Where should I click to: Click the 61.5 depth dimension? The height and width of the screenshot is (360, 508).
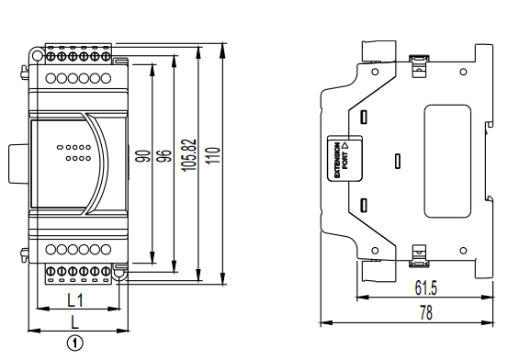425,288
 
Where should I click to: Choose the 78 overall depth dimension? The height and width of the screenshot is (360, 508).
425,313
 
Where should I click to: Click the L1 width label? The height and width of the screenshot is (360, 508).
75,299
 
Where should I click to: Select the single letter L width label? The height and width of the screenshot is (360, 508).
75,322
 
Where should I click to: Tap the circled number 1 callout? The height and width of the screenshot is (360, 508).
76,343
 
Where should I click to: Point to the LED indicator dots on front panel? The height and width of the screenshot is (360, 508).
73,152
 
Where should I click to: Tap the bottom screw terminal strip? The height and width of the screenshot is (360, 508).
78,272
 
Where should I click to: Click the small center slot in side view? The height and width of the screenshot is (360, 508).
396,162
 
